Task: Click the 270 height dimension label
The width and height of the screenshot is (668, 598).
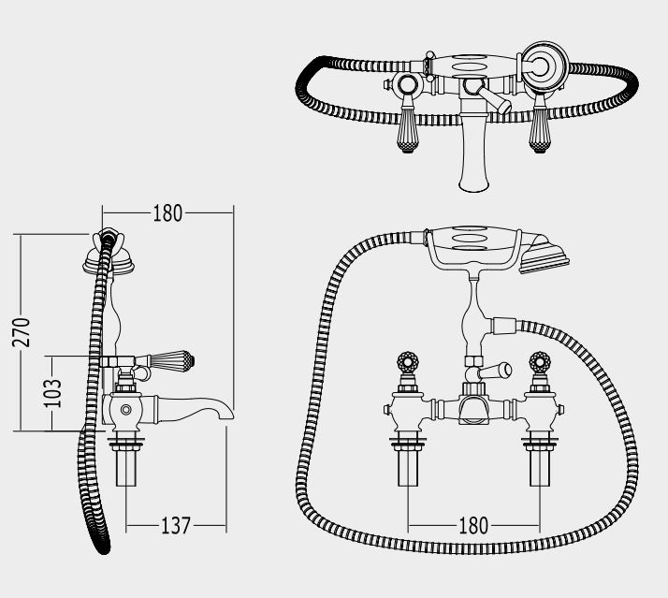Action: point(22,332)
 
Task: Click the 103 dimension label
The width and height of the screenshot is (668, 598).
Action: point(53,392)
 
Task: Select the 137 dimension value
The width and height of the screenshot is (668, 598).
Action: point(176,526)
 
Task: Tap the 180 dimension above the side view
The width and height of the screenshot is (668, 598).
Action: point(167,213)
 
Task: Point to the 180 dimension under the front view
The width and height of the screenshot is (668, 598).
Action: point(473,526)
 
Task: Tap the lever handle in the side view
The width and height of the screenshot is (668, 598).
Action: point(171,360)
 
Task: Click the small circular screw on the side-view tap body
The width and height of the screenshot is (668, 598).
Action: point(125,410)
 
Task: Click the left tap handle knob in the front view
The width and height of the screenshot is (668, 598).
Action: point(408,362)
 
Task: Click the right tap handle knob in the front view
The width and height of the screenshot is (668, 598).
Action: point(540,362)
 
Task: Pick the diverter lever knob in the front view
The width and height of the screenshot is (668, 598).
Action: point(505,370)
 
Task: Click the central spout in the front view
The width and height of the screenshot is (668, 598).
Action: point(472,409)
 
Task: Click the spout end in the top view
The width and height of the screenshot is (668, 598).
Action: point(473,184)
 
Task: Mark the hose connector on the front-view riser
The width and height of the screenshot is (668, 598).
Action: point(503,326)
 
